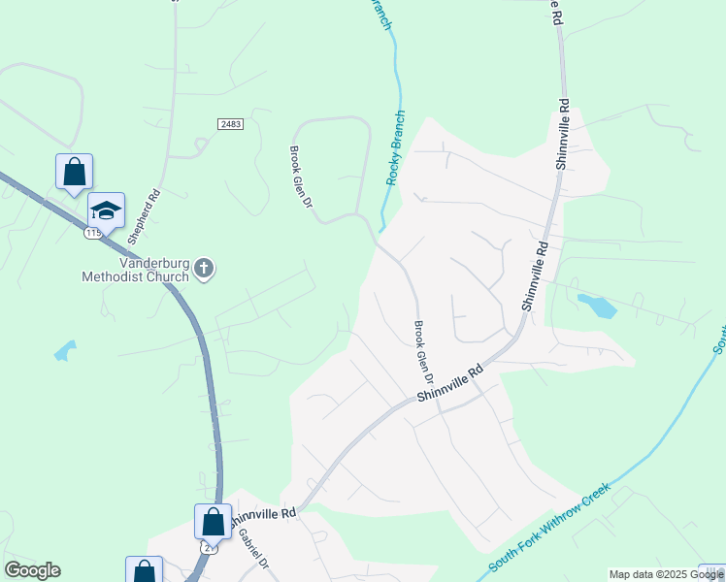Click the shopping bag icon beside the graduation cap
point(75,173)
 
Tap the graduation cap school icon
point(107,210)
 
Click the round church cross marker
point(204,268)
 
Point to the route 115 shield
point(93,234)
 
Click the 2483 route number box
point(230,124)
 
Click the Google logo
point(32,570)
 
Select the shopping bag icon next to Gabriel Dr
point(214,522)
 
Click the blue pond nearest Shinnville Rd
point(595,306)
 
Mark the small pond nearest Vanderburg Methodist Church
point(64,350)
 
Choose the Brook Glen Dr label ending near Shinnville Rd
point(424,351)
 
